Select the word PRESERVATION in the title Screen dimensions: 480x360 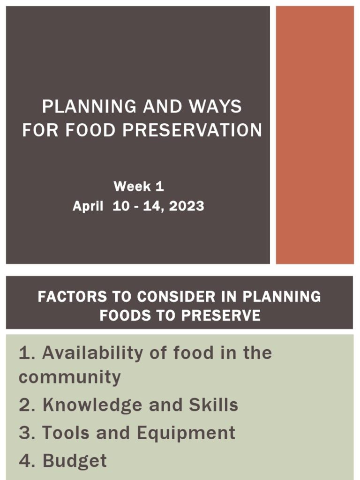coord(192,130)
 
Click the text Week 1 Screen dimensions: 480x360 coord(139,187)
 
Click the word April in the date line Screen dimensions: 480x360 coord(88,206)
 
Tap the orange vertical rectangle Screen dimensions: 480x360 coord(315,135)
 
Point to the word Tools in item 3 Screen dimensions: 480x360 coord(67,433)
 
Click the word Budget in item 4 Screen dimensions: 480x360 coord(75,461)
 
